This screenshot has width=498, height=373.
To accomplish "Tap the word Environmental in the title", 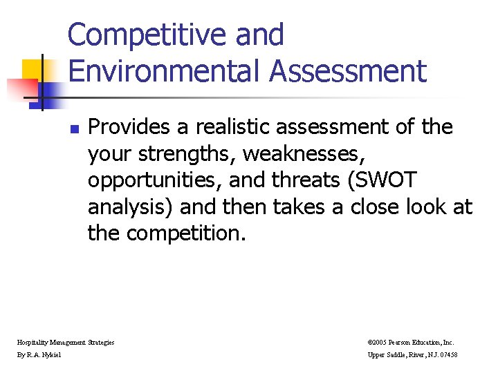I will [x=163, y=71].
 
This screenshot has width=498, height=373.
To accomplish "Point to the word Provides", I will [x=131, y=128].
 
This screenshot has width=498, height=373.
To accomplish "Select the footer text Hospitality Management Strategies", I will [x=66, y=342].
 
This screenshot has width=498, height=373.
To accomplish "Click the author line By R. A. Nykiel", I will [x=39, y=354].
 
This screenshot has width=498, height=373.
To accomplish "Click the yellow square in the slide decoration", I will [x=33, y=71].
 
